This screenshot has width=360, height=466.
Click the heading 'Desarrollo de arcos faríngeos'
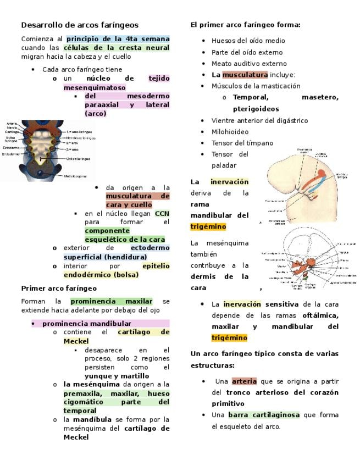pyautogui.click(x=80, y=25)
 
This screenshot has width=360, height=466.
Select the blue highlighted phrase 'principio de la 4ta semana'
pyautogui.click(x=118, y=39)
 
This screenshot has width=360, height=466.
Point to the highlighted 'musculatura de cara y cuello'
pyautogui.click(x=137, y=196)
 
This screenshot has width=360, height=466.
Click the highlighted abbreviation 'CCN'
pyautogui.click(x=162, y=213)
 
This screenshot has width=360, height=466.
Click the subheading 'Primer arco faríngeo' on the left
pyautogui.click(x=59, y=289)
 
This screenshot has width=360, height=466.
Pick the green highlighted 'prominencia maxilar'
pyautogui.click(x=111, y=301)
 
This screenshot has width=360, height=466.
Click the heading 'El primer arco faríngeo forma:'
pyautogui.click(x=245, y=25)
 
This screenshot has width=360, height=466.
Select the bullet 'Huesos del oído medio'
pyautogui.click(x=248, y=41)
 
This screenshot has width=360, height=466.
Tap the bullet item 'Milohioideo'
pyautogui.click(x=230, y=132)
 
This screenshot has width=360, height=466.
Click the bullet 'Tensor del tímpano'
pyautogui.click(x=242, y=143)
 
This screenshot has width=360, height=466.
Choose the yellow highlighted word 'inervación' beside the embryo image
pyautogui.click(x=229, y=182)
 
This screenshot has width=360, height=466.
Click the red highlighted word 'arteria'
pyautogui.click(x=244, y=381)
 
